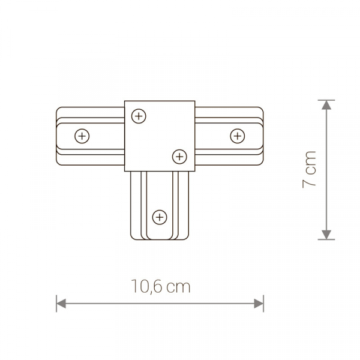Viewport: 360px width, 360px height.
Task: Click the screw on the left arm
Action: [x=82, y=136]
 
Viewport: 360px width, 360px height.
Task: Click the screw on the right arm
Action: [x=238, y=136]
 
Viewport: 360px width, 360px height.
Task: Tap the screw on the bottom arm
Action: [x=160, y=217]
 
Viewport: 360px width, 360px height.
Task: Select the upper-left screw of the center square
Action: [x=139, y=116]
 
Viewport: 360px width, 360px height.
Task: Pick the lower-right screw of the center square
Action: [x=179, y=157]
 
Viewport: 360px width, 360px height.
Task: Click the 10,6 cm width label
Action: [x=161, y=287]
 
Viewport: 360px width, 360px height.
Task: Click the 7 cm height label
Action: [x=309, y=170]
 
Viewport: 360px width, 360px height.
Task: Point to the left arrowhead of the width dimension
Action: [x=61, y=304]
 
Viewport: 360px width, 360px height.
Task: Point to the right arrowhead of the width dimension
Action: [x=259, y=304]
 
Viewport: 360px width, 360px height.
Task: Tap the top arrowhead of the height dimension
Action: [x=326, y=105]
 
